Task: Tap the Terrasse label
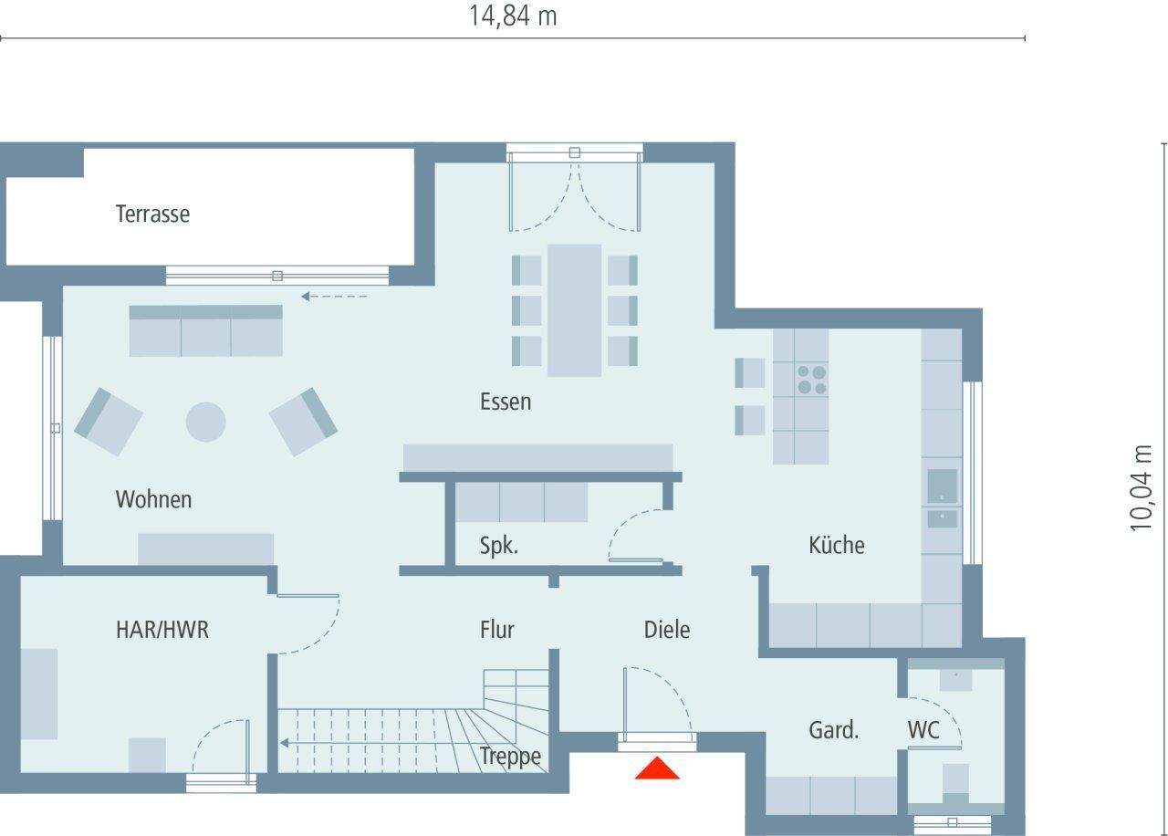coord(152,214)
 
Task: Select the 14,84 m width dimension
coord(513,16)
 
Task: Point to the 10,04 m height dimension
coord(1142,487)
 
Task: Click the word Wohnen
coord(153,500)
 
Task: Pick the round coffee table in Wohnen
coord(205,422)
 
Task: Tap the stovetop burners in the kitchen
coord(811,380)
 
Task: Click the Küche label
coord(836,546)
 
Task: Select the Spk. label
coord(499,546)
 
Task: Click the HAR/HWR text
coord(162,629)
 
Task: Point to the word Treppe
coord(510,756)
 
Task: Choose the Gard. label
coord(833,730)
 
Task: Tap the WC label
coord(923,730)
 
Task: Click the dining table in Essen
coord(574,310)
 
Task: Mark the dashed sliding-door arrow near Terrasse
coord(334,296)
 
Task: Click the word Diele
coord(667,629)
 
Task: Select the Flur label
coord(497,629)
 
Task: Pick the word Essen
coord(506,402)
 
